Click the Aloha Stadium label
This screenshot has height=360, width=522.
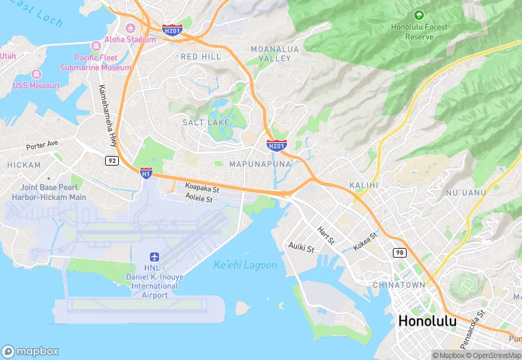130,40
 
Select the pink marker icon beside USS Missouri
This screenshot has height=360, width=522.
36,74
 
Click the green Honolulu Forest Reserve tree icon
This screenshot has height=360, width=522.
418,14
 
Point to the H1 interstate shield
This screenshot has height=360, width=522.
146,173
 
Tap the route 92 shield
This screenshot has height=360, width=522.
111,160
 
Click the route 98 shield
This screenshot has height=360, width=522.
400,253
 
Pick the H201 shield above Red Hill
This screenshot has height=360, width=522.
172,29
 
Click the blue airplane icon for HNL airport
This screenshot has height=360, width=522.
155,256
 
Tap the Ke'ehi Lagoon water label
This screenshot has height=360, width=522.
245,265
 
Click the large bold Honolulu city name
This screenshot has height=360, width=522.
427,321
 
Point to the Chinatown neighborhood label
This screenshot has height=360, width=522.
398,284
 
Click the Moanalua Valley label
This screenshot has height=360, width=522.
275,54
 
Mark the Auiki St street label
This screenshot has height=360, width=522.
301,246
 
